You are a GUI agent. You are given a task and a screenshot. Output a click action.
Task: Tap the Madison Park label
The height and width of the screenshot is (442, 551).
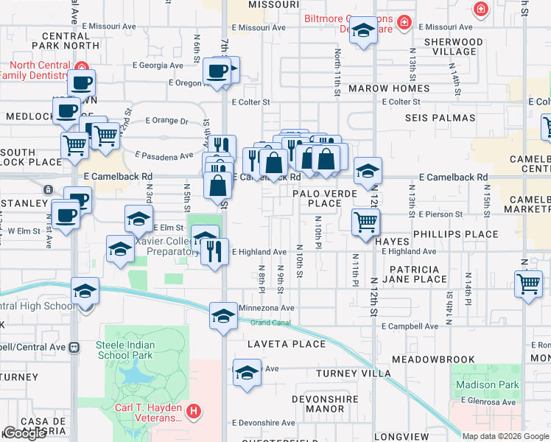(x=487, y=385)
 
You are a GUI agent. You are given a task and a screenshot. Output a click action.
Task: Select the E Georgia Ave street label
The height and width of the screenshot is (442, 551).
(x=158, y=65)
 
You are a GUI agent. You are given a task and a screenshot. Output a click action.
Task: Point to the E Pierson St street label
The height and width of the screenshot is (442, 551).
(x=441, y=214)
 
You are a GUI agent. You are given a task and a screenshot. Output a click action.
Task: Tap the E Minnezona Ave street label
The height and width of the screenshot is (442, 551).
(x=266, y=308)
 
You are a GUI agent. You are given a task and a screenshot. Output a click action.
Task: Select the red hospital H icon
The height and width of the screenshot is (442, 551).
(x=194, y=410)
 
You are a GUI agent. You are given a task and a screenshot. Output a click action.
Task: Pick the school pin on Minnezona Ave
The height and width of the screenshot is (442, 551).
(x=222, y=316)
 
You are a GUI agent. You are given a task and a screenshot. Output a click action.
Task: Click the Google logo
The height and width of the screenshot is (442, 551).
(x=24, y=433)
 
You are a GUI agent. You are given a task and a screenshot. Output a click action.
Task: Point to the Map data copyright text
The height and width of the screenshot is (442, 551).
(x=505, y=436)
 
